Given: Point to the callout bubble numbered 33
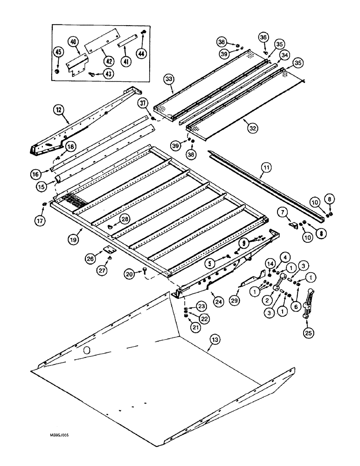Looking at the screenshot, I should (x=168, y=79).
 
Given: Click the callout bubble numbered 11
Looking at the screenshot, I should (x=266, y=165).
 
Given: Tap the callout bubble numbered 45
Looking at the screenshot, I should (x=58, y=52).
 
